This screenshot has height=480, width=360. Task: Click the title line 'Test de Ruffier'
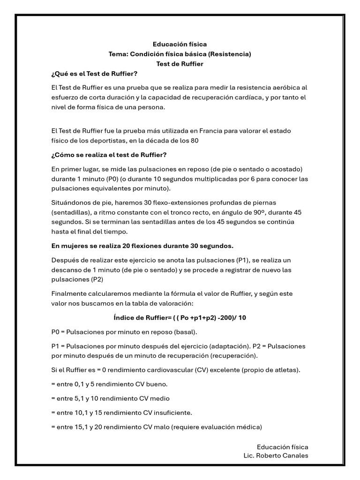[180, 64]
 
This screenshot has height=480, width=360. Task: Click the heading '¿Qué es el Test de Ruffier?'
[94, 74]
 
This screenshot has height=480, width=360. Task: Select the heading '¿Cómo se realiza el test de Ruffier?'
[109, 155]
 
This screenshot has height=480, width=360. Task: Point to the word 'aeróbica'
[285, 88]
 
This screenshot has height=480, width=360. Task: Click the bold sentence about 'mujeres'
[142, 246]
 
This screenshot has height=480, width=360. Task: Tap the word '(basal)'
[186, 332]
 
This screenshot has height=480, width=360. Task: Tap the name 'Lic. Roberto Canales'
[276, 456]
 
